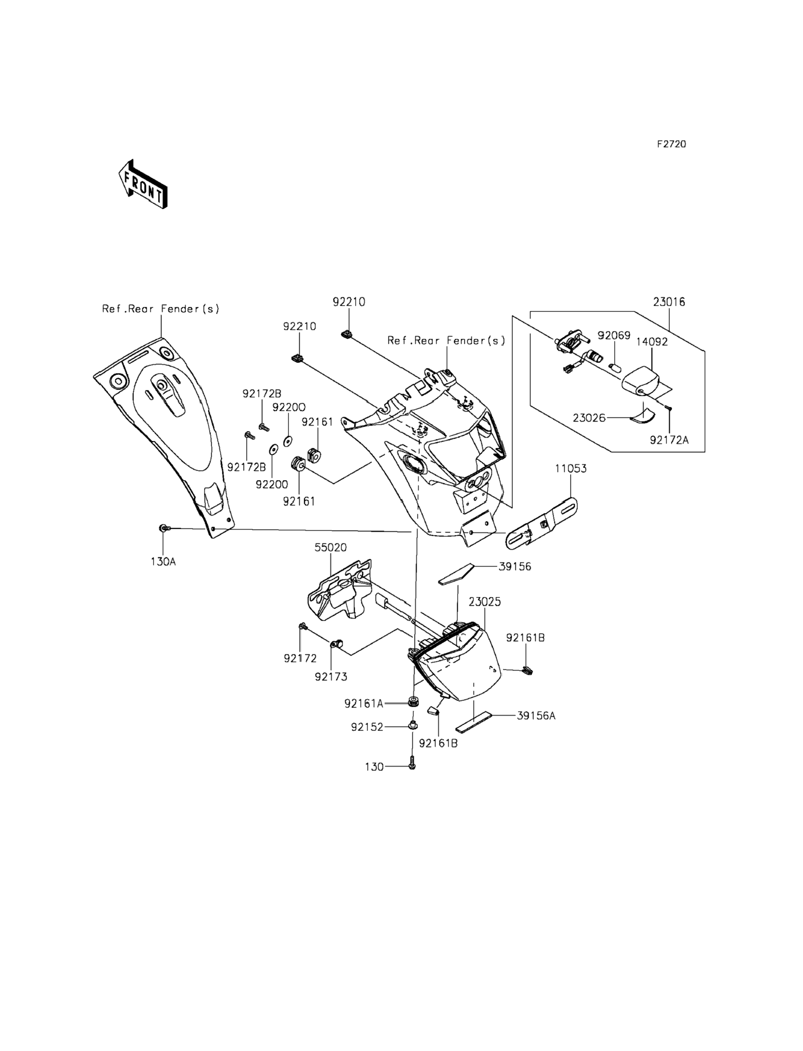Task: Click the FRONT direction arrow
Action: (143, 185)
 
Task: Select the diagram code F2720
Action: (671, 144)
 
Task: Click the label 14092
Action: (652, 342)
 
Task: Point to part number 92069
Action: (614, 336)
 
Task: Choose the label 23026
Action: (589, 418)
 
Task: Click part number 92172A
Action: (669, 440)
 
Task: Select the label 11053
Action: (571, 468)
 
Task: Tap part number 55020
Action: (331, 547)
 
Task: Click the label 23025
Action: (485, 602)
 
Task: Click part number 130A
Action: (164, 562)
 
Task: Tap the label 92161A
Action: (364, 704)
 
